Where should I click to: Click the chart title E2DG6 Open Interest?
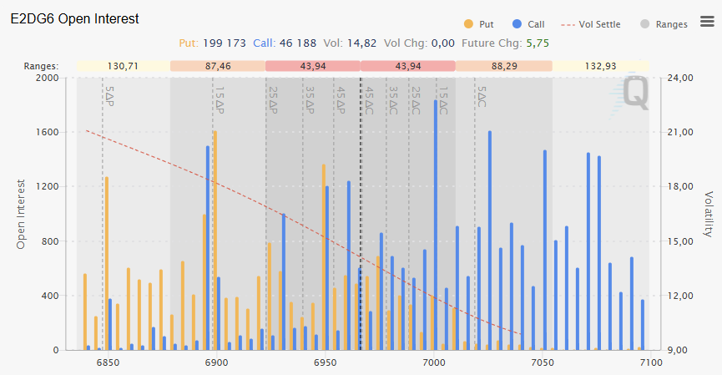pos(75,18)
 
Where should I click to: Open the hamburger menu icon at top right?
pos(706,22)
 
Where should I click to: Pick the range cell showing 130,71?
pos(123,65)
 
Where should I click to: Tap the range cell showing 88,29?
pos(503,65)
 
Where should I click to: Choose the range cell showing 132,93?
pos(601,65)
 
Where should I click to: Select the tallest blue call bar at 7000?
pos(436,226)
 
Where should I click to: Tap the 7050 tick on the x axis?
pos(543,363)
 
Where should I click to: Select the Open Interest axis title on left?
pos(21,213)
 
